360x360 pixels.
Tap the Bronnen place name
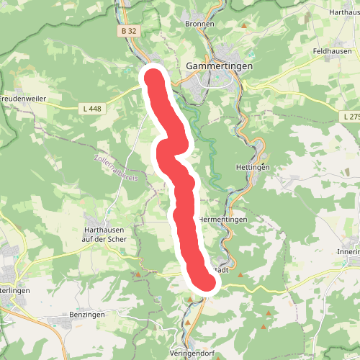(x=199, y=24)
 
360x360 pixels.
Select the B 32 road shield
(x=129, y=32)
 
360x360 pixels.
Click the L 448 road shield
(x=89, y=108)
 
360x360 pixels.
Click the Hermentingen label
(x=223, y=219)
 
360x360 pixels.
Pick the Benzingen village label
(x=87, y=315)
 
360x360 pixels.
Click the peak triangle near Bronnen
(x=244, y=27)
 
